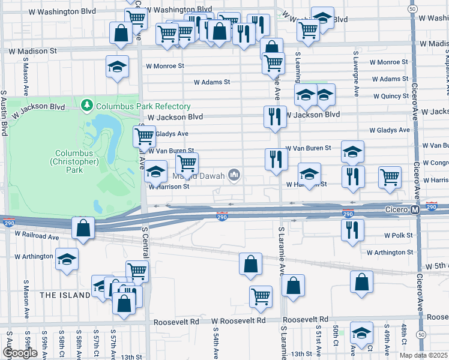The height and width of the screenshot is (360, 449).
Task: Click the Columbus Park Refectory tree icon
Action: point(88,106)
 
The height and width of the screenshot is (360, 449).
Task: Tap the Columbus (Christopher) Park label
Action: point(65,161)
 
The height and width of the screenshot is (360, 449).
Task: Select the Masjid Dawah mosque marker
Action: point(234,176)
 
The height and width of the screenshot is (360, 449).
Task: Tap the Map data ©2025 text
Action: point(423,355)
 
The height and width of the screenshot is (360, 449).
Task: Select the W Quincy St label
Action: point(390,96)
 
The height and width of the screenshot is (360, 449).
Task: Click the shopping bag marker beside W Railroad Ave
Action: point(83,228)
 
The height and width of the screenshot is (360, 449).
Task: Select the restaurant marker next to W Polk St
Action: point(352,229)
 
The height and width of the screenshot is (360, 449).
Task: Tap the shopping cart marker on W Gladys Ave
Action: point(144,136)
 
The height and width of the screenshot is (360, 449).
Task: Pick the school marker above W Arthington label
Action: point(67,259)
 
